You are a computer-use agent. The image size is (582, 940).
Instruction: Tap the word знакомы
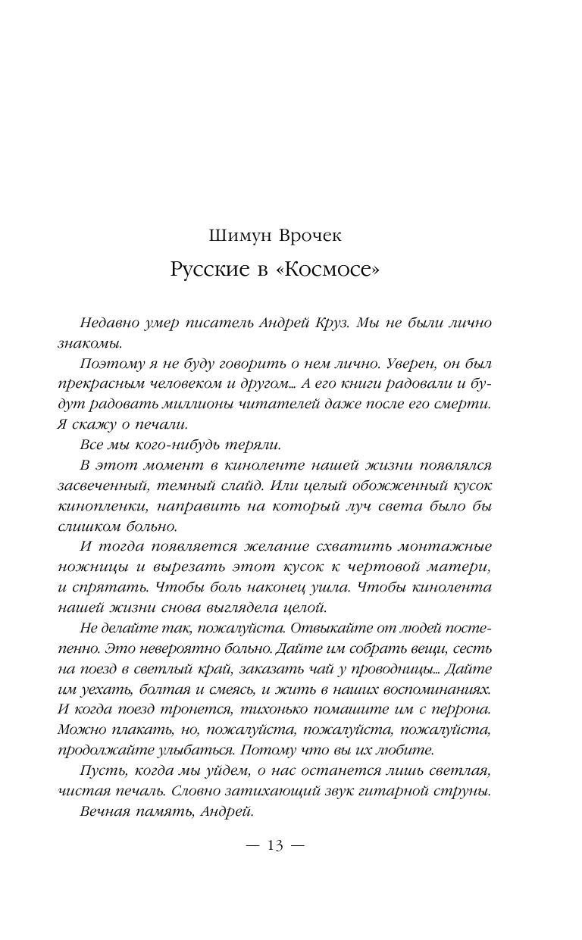[x=84, y=343]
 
